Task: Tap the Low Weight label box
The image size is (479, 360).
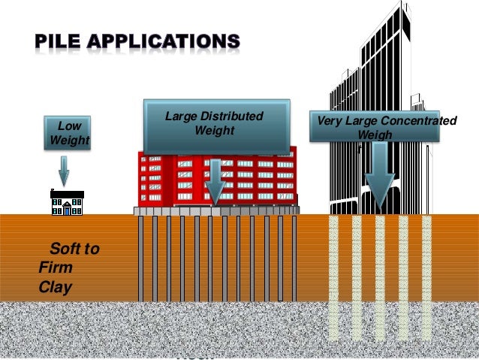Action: (68, 133)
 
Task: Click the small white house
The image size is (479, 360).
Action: (66, 202)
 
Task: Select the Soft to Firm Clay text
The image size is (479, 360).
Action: (68, 267)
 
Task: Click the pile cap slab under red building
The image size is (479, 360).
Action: (216, 211)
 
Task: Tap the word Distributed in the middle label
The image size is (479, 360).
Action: (228, 116)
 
